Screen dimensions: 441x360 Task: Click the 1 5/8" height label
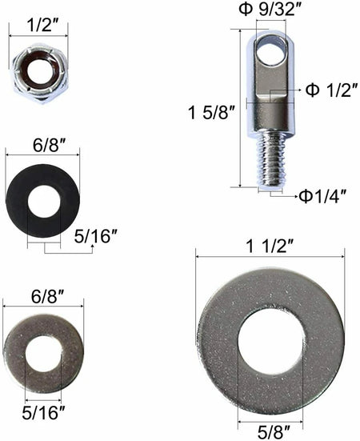211,113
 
